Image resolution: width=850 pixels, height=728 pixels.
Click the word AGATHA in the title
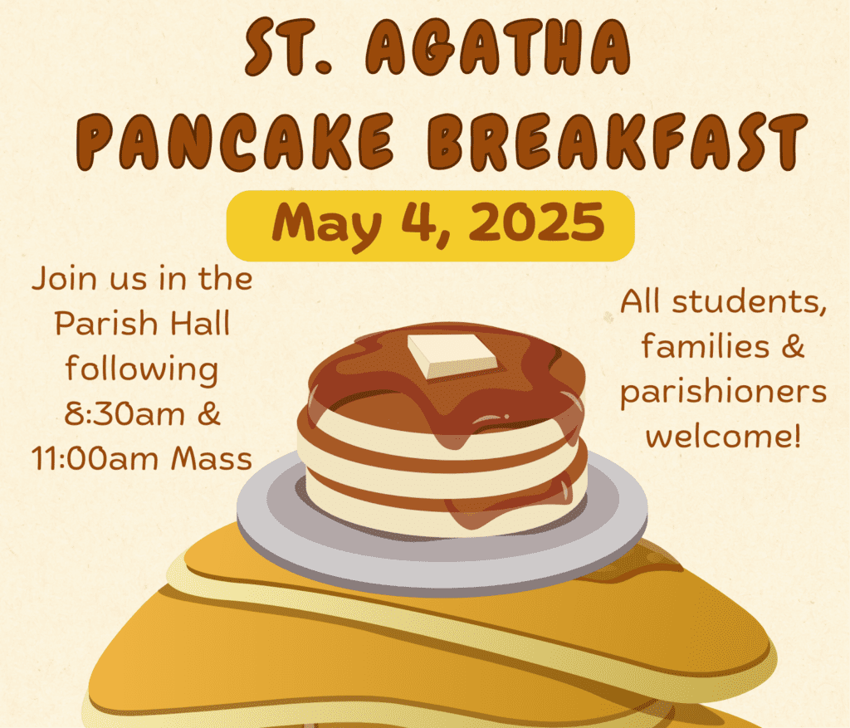coord(498,47)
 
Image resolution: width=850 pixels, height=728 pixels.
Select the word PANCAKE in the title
coord(235,142)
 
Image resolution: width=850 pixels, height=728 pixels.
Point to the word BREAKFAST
coord(618,142)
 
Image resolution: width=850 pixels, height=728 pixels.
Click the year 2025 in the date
coord(537,222)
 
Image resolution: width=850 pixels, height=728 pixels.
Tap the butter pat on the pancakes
coord(452,355)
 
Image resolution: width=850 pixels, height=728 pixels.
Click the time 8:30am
coord(125,414)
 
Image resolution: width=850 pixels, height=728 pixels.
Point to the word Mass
coord(212,459)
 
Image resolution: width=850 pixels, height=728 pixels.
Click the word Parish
coord(105,325)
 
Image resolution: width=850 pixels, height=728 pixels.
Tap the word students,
coord(750,302)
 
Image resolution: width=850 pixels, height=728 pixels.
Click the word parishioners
coord(724,393)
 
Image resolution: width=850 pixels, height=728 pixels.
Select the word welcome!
coord(723,435)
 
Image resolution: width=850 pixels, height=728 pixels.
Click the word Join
coord(64,279)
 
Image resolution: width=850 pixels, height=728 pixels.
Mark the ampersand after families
coord(793,346)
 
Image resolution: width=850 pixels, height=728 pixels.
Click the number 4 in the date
coord(419,222)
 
